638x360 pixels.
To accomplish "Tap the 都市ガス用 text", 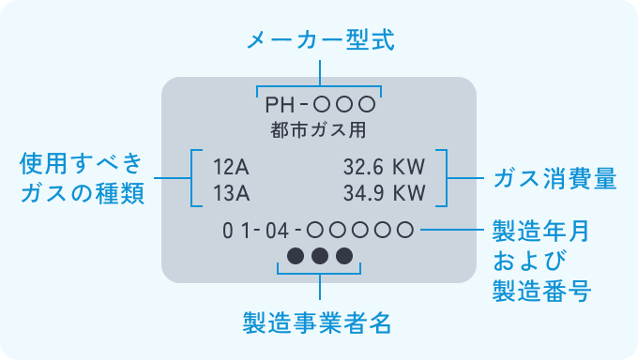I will pos(319,128).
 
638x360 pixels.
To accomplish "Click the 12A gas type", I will pos(231,168).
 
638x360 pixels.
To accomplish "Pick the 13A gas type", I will pos(231,194).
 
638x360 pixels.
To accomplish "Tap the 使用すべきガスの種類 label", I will pos(82,179).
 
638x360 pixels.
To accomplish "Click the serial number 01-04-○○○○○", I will pos(317,230).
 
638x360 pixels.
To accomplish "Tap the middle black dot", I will pos(319,255).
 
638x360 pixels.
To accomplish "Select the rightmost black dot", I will pos(343,255).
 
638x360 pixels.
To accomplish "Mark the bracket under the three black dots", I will pos(319,274).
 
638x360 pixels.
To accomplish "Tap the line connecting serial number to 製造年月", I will pos(451,229).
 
